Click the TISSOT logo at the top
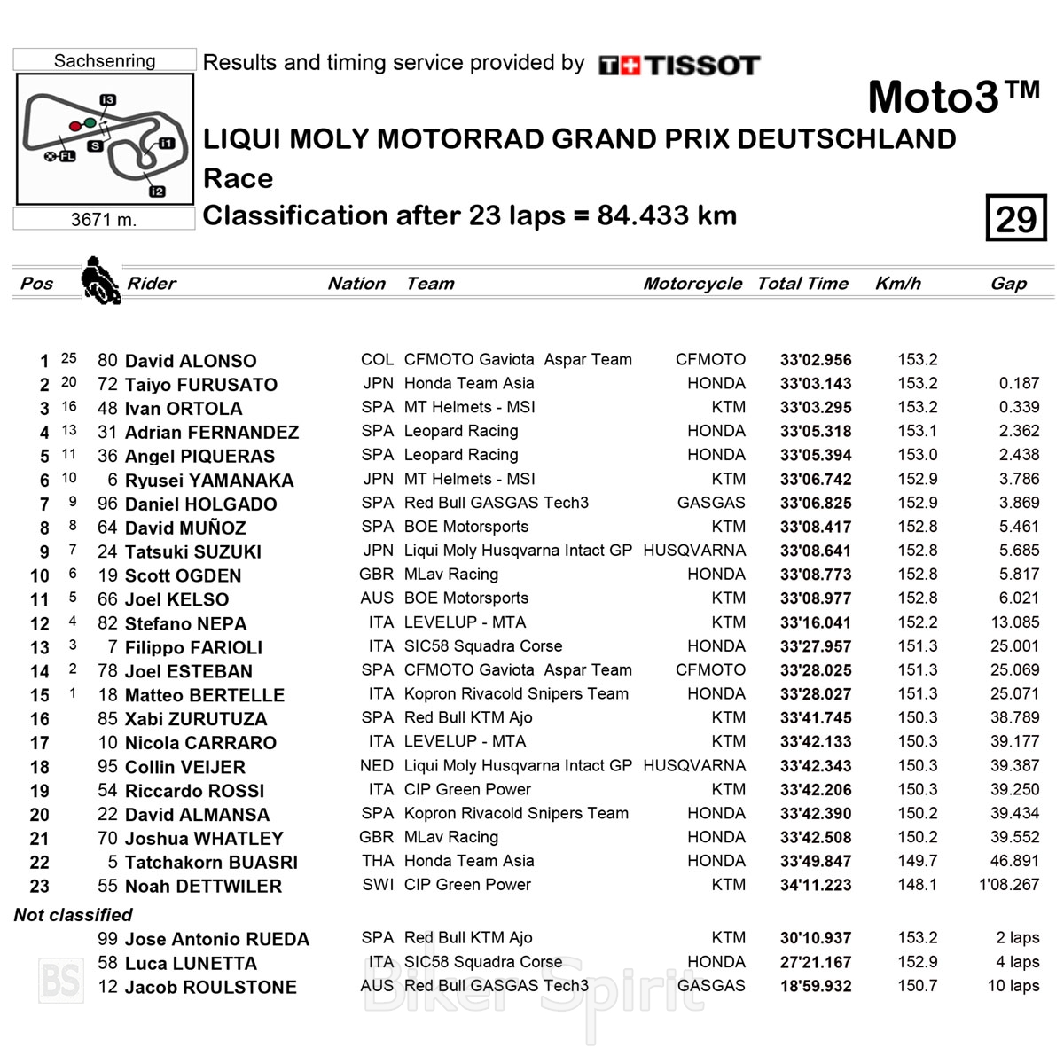[x=680, y=65]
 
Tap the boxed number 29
[x=1016, y=218]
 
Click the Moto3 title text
[x=953, y=97]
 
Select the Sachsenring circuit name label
[x=105, y=60]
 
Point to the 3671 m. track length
[x=104, y=219]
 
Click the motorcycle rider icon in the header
[x=99, y=281]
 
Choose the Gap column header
[x=1008, y=284]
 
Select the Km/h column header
[x=897, y=284]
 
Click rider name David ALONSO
[x=191, y=361]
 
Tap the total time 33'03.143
[x=816, y=384]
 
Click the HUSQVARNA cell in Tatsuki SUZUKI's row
[x=694, y=551]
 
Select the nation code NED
[x=376, y=765]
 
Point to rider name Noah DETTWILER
[x=203, y=886]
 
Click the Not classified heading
[x=73, y=915]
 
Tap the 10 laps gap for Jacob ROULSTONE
[x=1013, y=986]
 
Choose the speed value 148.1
[x=917, y=885]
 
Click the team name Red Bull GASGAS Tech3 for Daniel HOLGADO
[x=496, y=503]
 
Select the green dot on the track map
[x=90, y=122]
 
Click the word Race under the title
[x=238, y=178]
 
